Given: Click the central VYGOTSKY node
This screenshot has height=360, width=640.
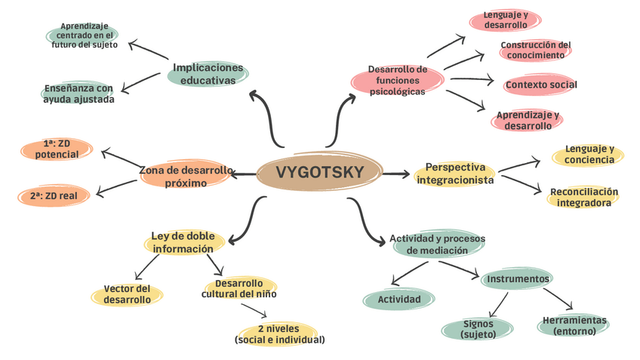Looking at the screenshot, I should [x=319, y=173].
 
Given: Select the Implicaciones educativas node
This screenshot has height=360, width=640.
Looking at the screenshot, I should [x=208, y=74].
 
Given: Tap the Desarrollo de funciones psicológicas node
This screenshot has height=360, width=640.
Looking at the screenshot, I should [x=398, y=81].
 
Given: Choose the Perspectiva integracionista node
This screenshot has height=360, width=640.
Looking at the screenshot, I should [x=455, y=174].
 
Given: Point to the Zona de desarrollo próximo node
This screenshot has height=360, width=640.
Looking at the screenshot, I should [x=186, y=177].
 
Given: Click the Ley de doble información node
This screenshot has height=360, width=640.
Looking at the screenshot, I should [x=183, y=242].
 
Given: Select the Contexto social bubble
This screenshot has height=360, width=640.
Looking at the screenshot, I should [x=541, y=85].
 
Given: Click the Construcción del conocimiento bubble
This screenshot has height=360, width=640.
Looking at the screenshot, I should [x=536, y=50].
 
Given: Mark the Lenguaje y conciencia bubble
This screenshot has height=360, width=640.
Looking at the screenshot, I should [x=589, y=155].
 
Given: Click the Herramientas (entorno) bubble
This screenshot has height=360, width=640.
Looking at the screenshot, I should [x=574, y=325].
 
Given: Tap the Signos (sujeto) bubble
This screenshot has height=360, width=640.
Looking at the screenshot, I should [x=478, y=328].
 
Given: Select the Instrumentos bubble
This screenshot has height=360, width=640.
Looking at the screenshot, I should [x=518, y=279].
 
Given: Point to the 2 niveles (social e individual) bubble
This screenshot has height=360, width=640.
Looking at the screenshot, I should [x=280, y=334].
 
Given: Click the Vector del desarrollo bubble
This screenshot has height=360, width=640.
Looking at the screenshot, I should [x=127, y=294].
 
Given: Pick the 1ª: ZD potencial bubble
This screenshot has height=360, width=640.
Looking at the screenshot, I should [x=57, y=149].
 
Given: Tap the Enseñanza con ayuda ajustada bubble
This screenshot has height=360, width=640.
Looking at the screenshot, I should [x=78, y=94].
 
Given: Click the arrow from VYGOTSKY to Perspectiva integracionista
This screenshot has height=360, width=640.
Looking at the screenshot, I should [x=395, y=174].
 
